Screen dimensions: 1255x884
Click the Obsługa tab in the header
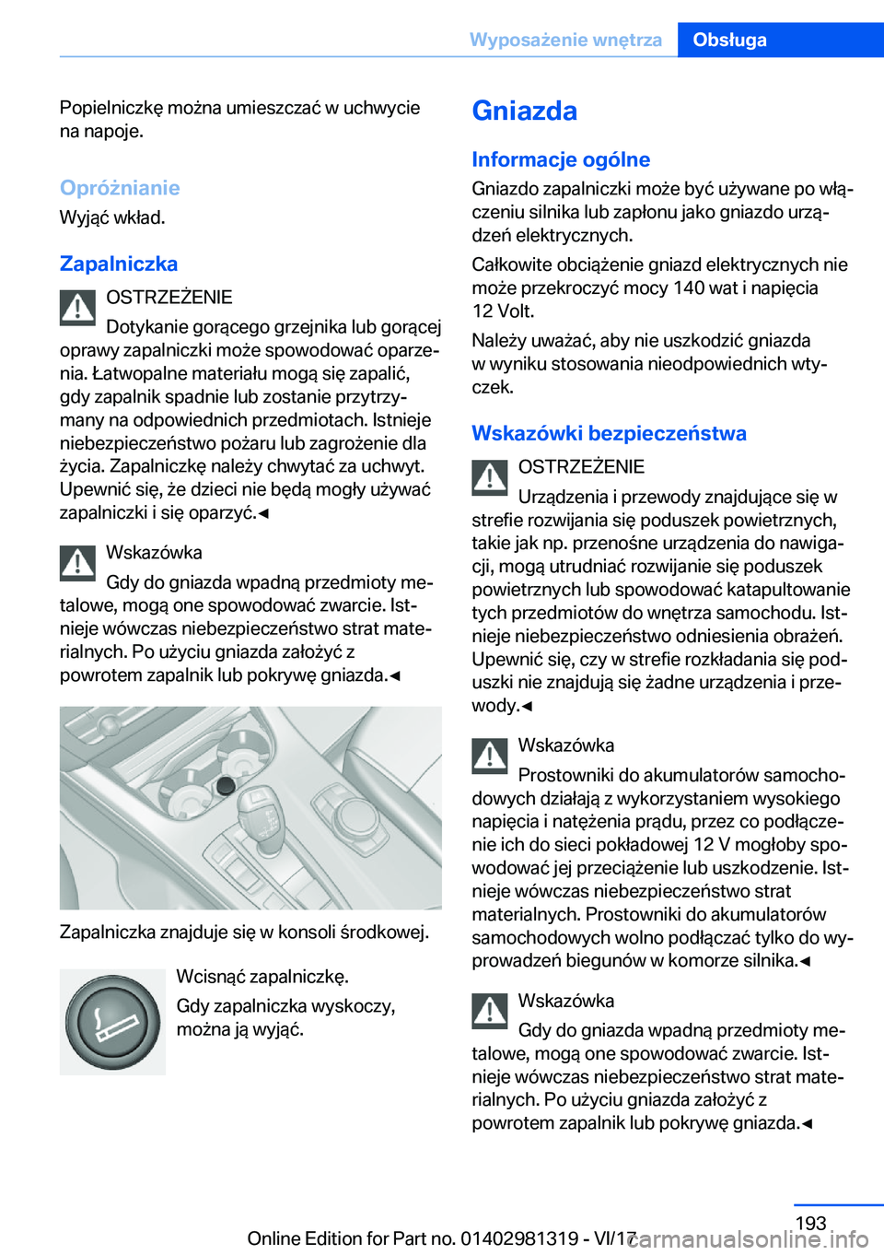tap(729, 40)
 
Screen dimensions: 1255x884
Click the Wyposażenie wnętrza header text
tap(565, 40)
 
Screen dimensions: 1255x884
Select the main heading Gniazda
tap(525, 111)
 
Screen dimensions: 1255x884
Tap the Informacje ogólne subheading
tap(561, 159)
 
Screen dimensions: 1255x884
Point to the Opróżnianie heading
tap(120, 188)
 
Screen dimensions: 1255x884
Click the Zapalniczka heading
tap(119, 264)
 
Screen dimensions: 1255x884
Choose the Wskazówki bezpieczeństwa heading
tap(609, 433)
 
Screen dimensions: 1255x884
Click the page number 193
tap(810, 1223)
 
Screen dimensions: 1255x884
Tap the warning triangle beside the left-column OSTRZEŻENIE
tap(78, 308)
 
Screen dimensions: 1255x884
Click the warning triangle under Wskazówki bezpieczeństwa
tap(490, 477)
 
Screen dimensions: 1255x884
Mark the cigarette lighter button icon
tap(112, 1022)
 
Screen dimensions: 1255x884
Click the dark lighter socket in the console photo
tap(225, 785)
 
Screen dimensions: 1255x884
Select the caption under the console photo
tap(244, 932)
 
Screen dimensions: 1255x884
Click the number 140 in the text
tap(689, 287)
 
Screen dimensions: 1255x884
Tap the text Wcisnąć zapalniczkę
tap(262, 976)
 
